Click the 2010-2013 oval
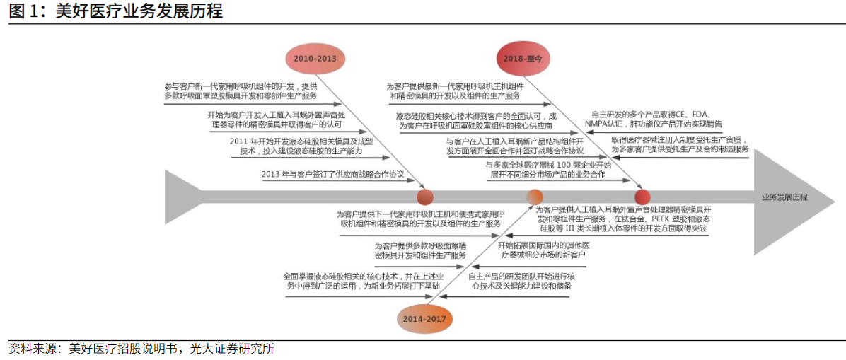[315, 58]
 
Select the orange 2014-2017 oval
[424, 319]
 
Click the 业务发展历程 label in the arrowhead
[784, 197]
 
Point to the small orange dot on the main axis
[535, 197]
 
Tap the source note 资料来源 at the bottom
[141, 349]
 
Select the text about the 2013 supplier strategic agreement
[332, 174]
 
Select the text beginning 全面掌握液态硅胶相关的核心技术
[364, 281]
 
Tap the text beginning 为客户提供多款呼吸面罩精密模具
[419, 250]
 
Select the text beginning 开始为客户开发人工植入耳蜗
[277, 120]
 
